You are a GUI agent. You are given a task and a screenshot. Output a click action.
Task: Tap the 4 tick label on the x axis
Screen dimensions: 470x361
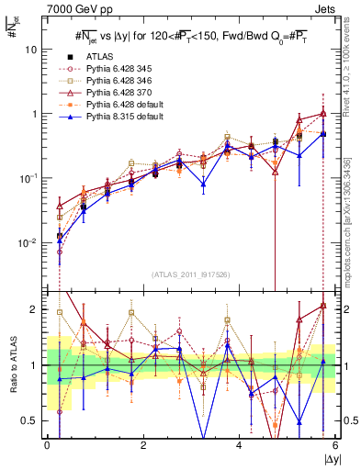click(x=239, y=445)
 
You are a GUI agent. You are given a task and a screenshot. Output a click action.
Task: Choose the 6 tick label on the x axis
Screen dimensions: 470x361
click(x=334, y=445)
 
